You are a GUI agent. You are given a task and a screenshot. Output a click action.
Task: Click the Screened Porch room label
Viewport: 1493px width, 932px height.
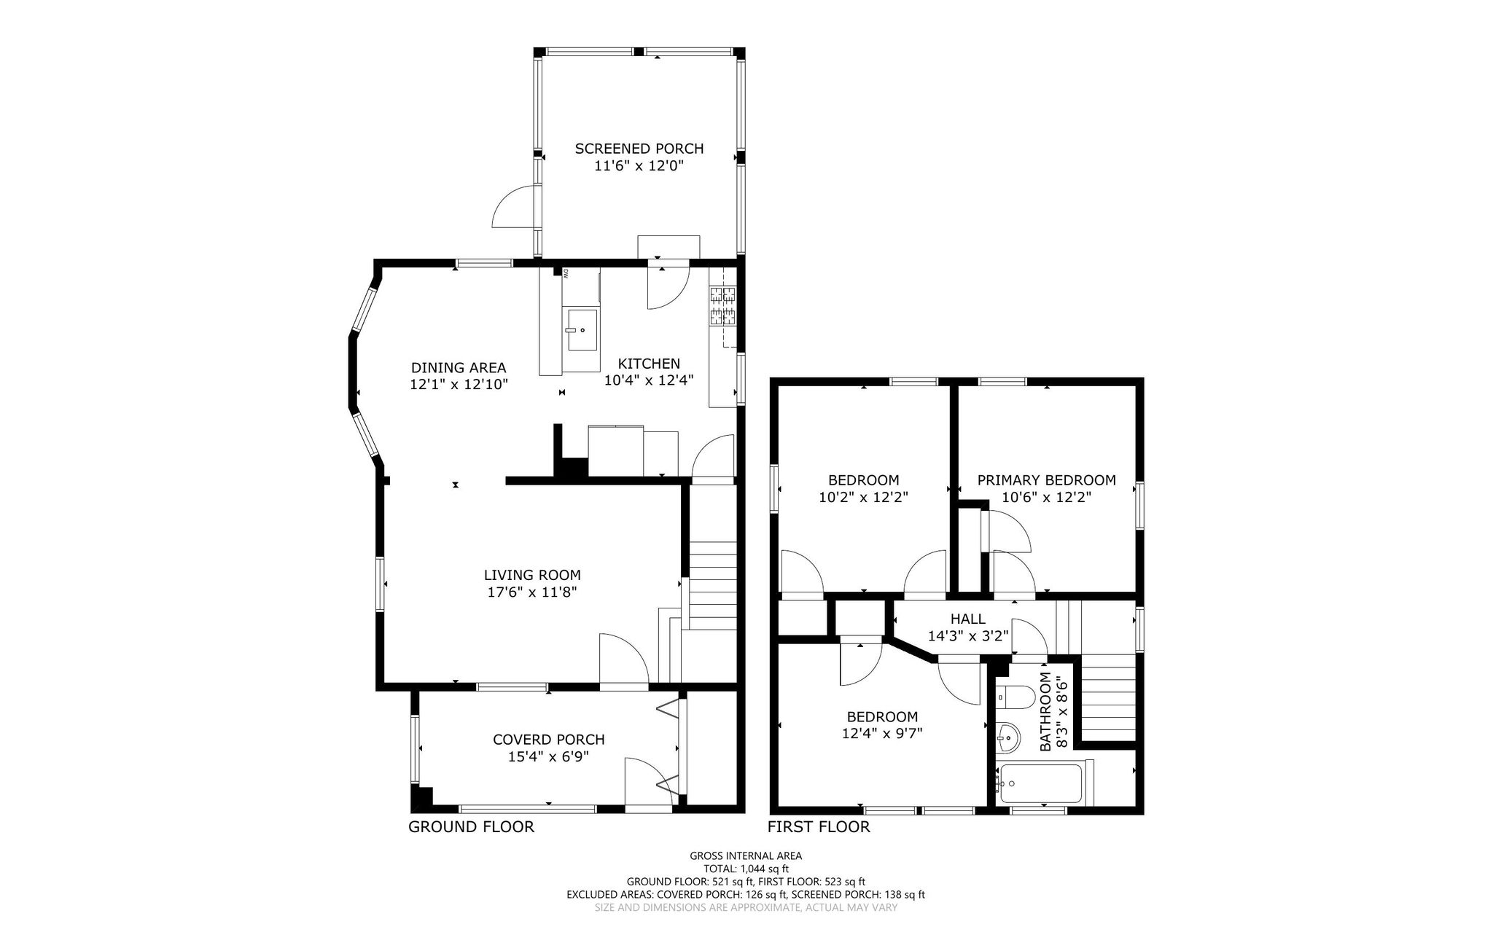(639, 149)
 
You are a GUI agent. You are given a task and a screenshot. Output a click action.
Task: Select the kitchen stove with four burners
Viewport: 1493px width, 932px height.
(723, 306)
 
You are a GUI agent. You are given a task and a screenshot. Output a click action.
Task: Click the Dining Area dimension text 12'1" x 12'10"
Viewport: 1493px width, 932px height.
(459, 385)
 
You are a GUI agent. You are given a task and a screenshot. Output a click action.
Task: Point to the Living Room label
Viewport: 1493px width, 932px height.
(533, 576)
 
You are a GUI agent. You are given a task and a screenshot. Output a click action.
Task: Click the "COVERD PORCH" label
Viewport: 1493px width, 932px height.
(549, 740)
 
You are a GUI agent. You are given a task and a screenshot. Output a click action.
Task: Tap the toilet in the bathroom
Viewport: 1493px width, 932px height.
(1014, 697)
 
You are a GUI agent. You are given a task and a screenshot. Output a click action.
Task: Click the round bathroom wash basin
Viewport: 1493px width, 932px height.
(1007, 737)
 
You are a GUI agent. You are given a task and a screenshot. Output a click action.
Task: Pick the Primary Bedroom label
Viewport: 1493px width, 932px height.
(1046, 480)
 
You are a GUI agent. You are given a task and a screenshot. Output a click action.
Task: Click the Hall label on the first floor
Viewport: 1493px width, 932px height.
(967, 619)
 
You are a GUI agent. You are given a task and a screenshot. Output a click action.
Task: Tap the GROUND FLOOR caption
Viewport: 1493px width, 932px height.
(471, 827)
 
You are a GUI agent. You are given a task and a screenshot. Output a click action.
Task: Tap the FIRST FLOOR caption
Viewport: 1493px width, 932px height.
(819, 827)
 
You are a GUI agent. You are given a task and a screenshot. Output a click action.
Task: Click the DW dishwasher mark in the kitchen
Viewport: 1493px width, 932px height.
(565, 274)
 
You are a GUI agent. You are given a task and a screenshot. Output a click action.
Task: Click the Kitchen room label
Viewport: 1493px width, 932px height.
(649, 364)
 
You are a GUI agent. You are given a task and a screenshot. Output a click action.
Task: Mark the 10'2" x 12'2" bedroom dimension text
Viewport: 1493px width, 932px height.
(863, 498)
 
